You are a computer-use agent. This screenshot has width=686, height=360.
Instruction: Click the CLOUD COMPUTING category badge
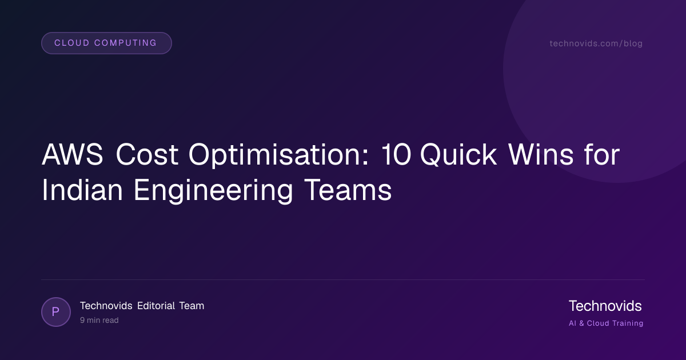coord(106,43)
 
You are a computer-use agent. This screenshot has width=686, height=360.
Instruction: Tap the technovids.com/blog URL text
coord(596,43)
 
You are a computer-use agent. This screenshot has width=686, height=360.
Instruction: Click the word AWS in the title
coord(72,155)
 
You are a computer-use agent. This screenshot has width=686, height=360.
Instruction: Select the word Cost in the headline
coord(147,155)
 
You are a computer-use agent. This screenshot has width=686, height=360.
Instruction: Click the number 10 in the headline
coord(396,155)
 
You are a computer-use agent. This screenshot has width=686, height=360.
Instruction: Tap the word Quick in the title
coord(458,155)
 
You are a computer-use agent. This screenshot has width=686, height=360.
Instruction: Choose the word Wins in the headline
coord(541,155)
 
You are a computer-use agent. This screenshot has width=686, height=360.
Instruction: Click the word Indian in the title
coord(82,190)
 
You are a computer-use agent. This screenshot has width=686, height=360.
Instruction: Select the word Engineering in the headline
coord(213,191)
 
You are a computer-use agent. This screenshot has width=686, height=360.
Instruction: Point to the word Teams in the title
coord(348,190)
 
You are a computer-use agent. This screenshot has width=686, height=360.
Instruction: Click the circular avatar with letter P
coord(56,312)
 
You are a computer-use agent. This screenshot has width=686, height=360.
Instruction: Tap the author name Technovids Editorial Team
coord(142,306)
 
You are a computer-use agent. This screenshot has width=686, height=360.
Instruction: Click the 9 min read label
coord(99,320)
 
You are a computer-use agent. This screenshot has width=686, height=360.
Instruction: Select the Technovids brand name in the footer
coord(605,306)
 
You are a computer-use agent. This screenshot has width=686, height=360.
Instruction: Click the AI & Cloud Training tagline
coord(606,323)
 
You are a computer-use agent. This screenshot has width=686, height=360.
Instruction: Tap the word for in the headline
coord(602,155)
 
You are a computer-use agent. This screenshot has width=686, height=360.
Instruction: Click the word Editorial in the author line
coord(156,306)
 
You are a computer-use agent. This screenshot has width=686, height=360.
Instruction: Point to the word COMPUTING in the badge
coord(126,43)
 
